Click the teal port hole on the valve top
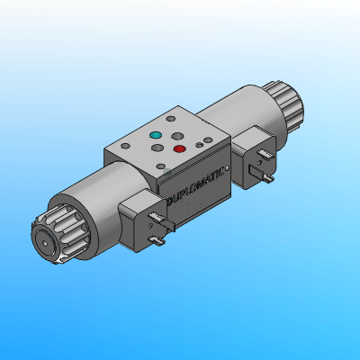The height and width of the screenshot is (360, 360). click(x=155, y=138)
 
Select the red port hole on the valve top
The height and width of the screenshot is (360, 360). click(x=179, y=148)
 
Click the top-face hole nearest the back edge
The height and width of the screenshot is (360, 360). click(x=172, y=118)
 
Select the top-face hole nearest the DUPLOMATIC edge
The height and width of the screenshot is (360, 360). click(x=162, y=166)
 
